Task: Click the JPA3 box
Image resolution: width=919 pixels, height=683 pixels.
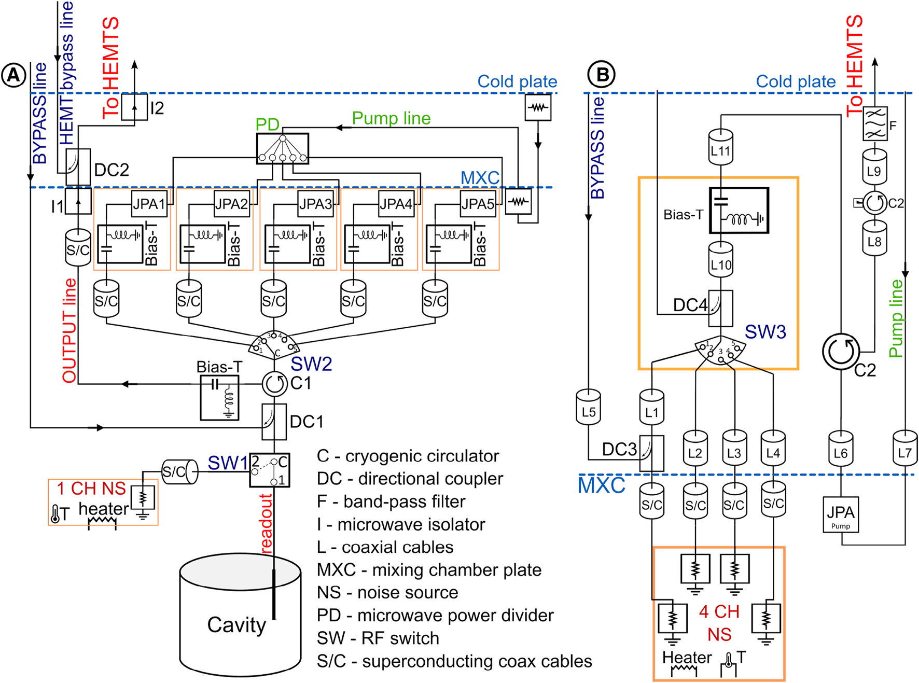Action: (x=315, y=204)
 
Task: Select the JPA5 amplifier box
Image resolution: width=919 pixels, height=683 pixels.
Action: (x=478, y=204)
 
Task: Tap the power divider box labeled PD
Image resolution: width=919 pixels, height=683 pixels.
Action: (x=282, y=149)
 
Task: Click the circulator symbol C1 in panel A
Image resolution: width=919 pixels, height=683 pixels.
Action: (x=274, y=384)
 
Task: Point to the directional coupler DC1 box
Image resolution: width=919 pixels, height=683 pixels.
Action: (x=274, y=421)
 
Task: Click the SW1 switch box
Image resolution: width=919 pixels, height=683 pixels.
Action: (x=269, y=470)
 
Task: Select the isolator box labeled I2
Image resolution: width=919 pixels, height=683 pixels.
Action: (x=134, y=107)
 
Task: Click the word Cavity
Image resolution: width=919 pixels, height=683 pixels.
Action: (x=236, y=625)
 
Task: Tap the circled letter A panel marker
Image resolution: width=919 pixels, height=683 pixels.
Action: (x=13, y=76)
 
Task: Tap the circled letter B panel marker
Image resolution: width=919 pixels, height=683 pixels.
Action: (x=601, y=75)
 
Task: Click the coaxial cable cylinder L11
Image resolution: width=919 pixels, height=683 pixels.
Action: (x=720, y=148)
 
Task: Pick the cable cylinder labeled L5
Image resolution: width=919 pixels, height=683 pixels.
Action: (x=588, y=408)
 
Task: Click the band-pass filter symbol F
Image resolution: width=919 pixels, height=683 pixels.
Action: (x=875, y=124)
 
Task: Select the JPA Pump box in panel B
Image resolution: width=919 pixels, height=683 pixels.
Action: (x=840, y=514)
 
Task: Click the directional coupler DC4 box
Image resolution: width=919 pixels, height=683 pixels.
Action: (x=720, y=308)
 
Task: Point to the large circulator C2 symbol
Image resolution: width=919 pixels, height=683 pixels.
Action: (x=841, y=352)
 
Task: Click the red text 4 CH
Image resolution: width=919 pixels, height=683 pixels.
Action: (x=719, y=611)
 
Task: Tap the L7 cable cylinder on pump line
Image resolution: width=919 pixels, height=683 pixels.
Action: (x=905, y=448)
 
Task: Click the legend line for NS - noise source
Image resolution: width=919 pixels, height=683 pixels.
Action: (x=387, y=592)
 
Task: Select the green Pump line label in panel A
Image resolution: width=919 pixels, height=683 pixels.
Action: (x=391, y=118)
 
